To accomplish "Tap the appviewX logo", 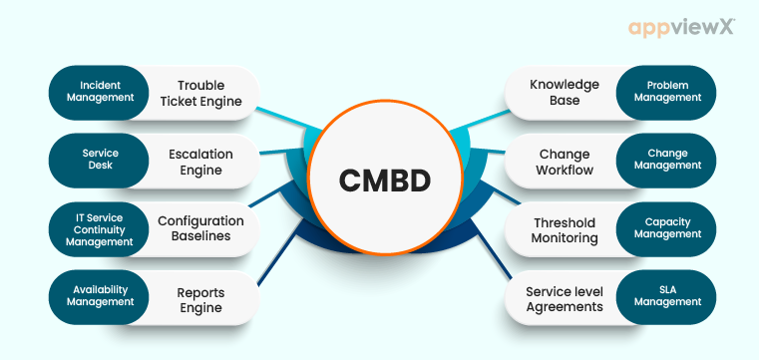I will tap(681, 28).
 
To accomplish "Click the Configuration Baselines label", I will tap(200, 228).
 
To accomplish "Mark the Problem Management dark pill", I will tap(667, 93).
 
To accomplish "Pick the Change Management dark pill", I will tap(667, 161).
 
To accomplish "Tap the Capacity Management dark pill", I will tap(667, 228).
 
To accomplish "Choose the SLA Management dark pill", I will tap(667, 296).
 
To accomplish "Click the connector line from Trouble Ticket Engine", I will tap(289, 111).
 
